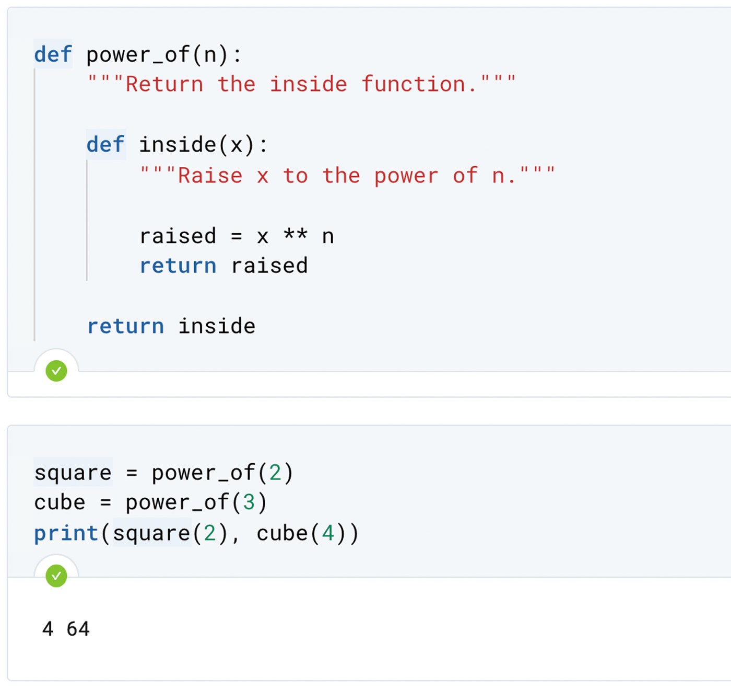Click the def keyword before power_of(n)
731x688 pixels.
(x=53, y=55)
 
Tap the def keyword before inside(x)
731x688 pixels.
(x=105, y=145)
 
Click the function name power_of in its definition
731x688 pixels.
(x=138, y=55)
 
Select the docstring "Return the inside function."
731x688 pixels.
(x=302, y=84)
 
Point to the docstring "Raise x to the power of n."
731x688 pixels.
(x=347, y=176)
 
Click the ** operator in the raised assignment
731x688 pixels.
(x=295, y=235)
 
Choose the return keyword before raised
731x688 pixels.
(x=178, y=266)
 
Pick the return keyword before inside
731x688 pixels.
(x=125, y=327)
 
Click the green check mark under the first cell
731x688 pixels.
(x=56, y=371)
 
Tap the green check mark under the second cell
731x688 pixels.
(x=56, y=576)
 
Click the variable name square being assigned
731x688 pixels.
(x=73, y=473)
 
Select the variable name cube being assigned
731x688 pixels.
(x=60, y=503)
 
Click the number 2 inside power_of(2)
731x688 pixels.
(x=275, y=473)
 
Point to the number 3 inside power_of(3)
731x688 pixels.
(x=249, y=503)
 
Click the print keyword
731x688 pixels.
(x=66, y=534)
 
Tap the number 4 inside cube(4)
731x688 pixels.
(x=328, y=534)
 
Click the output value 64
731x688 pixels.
(x=78, y=629)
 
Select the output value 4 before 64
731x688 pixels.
(x=48, y=629)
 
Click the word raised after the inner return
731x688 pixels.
(x=269, y=266)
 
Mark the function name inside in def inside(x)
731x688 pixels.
(x=178, y=145)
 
